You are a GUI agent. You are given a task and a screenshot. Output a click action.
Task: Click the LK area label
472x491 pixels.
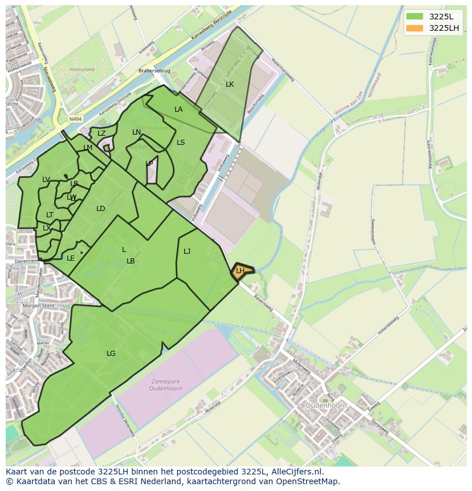(x=230, y=84)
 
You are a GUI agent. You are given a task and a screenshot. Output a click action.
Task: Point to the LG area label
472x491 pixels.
(x=111, y=354)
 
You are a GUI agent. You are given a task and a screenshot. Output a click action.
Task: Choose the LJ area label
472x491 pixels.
(x=187, y=251)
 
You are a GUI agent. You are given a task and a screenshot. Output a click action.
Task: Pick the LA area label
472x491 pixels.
(x=178, y=109)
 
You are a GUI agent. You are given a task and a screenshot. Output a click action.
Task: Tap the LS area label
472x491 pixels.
(x=181, y=143)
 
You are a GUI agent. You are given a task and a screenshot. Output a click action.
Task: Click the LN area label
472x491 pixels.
(x=136, y=132)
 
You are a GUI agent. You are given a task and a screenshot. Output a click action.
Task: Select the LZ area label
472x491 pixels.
(x=101, y=133)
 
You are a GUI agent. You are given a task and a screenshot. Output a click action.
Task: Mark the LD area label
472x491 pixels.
(x=101, y=209)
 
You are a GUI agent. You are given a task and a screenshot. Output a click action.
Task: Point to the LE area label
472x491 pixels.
(x=71, y=258)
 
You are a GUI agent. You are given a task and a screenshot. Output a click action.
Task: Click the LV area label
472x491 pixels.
(x=46, y=180)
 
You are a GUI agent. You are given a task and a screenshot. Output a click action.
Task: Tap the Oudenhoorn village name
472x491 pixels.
(x=326, y=405)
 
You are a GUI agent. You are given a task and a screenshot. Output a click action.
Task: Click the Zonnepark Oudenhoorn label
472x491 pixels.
(x=169, y=386)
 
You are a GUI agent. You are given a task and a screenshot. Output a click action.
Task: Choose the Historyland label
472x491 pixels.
(x=82, y=70)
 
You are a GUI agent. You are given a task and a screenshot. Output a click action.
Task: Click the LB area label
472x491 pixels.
(x=131, y=261)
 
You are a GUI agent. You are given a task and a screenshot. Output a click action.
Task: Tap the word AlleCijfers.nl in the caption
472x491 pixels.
(x=295, y=472)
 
